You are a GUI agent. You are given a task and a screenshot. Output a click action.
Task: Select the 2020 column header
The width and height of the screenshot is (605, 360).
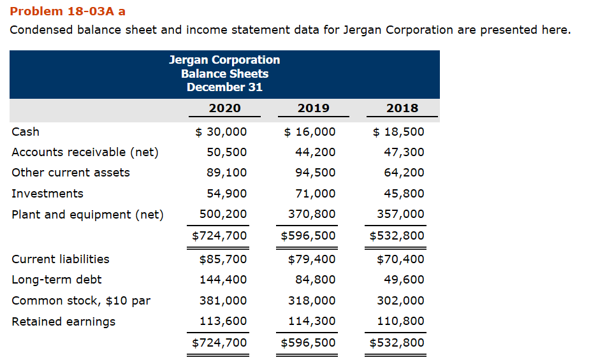tap(225, 108)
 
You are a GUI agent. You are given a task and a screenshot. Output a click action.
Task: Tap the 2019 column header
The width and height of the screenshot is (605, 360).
tap(314, 108)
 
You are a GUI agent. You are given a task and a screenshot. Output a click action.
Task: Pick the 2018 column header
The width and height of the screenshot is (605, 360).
tap(402, 108)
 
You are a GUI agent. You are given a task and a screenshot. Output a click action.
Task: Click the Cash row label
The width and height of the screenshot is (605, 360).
tap(26, 131)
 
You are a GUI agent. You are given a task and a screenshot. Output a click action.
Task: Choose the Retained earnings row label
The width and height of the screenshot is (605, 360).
tap(64, 321)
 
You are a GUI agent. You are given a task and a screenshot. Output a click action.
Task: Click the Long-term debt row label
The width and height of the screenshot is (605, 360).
tap(57, 279)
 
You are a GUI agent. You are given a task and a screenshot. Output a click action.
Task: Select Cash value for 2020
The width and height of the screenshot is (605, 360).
tap(221, 131)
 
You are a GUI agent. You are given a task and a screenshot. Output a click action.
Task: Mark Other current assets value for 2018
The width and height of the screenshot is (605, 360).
tap(404, 172)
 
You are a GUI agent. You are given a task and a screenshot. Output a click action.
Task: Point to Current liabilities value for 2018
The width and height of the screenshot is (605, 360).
tap(400, 259)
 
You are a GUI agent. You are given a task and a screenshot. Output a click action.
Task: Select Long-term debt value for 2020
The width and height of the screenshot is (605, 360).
tap(223, 279)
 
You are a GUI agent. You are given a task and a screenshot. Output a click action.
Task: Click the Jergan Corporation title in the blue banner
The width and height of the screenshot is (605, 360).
tap(224, 59)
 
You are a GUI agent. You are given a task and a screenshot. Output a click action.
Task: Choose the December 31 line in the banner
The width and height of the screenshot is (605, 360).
tap(224, 87)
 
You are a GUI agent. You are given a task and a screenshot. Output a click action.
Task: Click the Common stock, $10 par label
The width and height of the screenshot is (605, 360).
tap(81, 300)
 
